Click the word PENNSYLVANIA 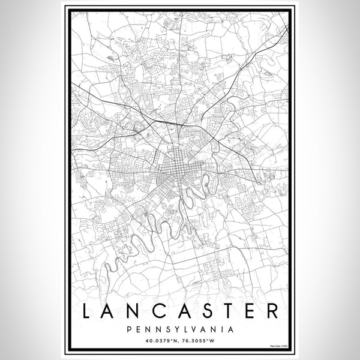[179, 329]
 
